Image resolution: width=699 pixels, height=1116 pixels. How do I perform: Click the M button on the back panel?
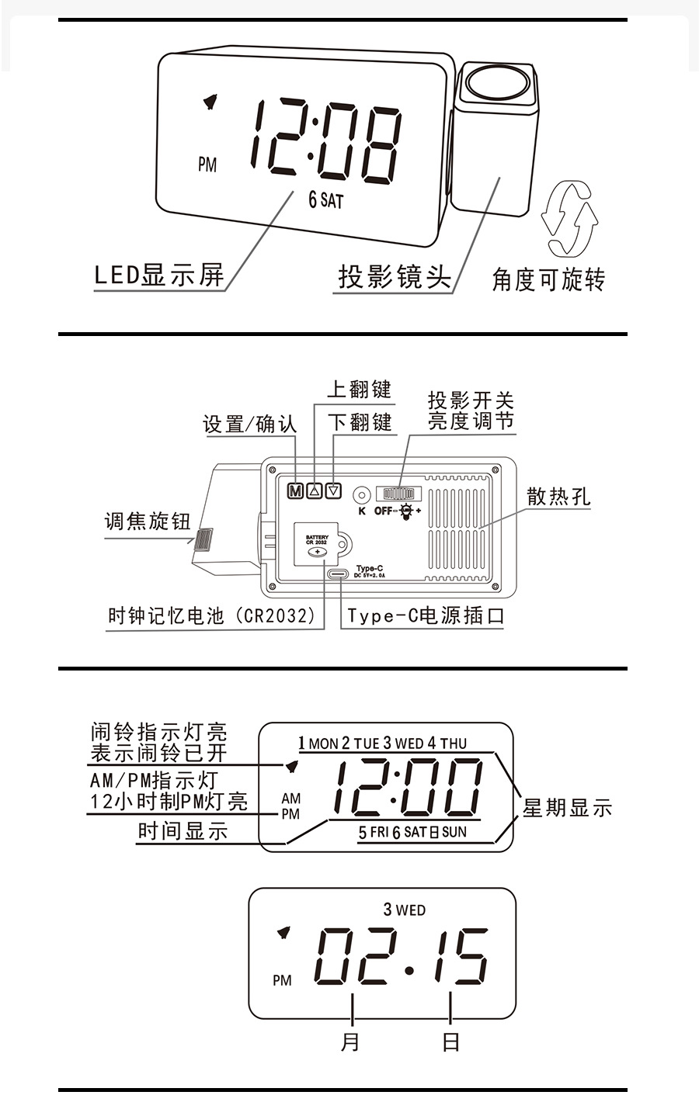coord(295,490)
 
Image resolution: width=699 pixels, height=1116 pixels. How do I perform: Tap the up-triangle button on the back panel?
coord(315,490)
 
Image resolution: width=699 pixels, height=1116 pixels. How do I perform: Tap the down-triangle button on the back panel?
coord(334,490)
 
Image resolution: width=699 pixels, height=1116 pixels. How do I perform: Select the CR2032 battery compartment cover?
coord(317,546)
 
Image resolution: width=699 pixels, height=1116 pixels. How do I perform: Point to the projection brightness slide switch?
coord(398,494)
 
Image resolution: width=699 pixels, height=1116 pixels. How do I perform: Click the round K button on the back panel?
coord(361,494)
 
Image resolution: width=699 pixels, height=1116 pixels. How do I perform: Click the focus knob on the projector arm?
coord(204,539)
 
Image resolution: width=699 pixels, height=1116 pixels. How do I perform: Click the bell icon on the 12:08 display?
coord(210,102)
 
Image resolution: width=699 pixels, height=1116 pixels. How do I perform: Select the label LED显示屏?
coord(158,275)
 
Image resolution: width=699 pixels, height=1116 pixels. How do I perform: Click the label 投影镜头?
coord(395,276)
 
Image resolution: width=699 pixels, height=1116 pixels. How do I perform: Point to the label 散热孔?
coord(558,497)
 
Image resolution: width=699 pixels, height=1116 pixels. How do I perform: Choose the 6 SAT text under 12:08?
coord(325,200)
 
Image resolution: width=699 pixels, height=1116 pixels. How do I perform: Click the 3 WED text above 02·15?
coord(404,909)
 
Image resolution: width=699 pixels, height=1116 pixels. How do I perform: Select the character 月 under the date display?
coord(351,1041)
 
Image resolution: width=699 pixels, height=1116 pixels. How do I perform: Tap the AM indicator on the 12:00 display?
coord(290,799)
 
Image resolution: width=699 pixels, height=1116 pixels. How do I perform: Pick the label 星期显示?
coord(567,808)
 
